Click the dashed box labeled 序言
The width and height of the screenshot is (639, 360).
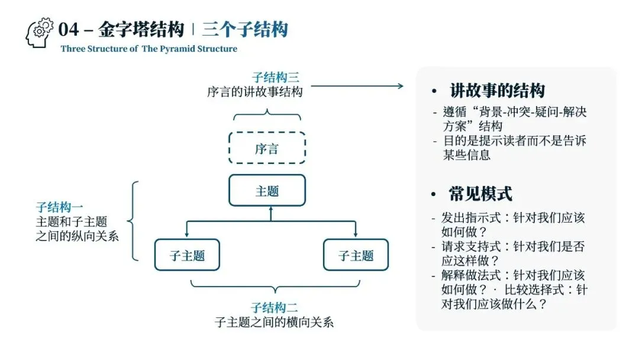(x=267, y=148)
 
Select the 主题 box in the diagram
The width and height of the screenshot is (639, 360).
(x=267, y=191)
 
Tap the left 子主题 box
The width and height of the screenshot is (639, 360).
(x=187, y=255)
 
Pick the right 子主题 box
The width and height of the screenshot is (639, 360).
(x=356, y=255)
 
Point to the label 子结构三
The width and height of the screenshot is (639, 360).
(x=275, y=78)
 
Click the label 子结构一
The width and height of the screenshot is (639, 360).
(x=59, y=207)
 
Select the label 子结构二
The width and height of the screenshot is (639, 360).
(x=274, y=308)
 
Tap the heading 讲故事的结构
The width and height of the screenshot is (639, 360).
(x=497, y=91)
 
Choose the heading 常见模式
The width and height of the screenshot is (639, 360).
(x=480, y=194)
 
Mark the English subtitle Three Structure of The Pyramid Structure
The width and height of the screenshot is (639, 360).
(x=149, y=49)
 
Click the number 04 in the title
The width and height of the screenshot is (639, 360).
(x=69, y=29)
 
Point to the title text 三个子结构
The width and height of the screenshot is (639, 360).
(x=244, y=29)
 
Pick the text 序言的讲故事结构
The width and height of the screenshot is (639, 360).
(x=255, y=92)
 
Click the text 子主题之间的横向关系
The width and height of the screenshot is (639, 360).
(x=274, y=323)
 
